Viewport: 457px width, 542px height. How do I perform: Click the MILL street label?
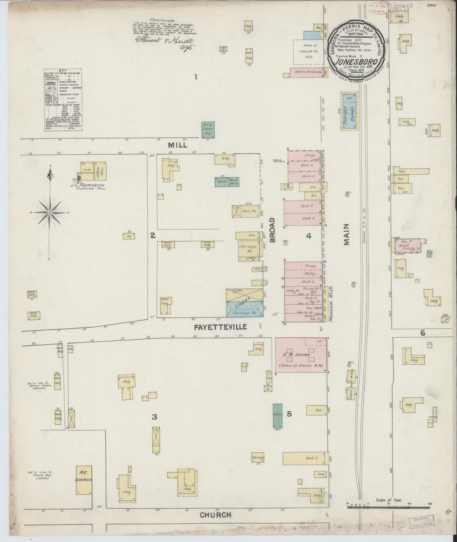[x=177, y=145]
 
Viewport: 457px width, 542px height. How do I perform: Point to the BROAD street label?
[x=273, y=230]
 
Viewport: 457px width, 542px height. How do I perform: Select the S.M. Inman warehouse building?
[x=301, y=355]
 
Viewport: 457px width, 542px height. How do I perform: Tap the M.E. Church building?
[x=84, y=482]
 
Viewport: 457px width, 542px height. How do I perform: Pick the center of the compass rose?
[x=50, y=212]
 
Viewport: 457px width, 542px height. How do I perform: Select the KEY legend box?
[x=62, y=100]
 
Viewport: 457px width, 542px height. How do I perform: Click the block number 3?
[x=154, y=417]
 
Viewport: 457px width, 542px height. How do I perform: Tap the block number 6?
[x=423, y=333]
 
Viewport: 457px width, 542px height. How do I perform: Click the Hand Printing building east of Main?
[x=406, y=246]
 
